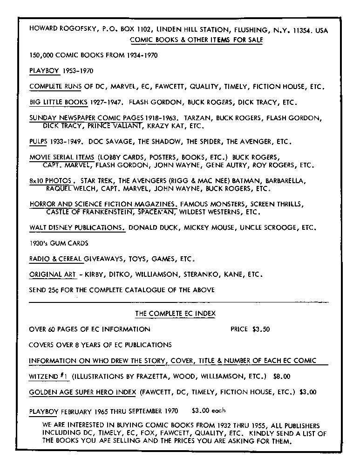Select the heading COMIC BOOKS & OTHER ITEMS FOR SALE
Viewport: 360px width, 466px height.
coord(196,40)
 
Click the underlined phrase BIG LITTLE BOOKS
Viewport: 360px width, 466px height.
coord(58,102)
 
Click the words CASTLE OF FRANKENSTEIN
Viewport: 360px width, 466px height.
coord(86,212)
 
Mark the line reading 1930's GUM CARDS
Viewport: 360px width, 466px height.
coord(58,243)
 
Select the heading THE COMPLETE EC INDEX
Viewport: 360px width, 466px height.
coord(175,314)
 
